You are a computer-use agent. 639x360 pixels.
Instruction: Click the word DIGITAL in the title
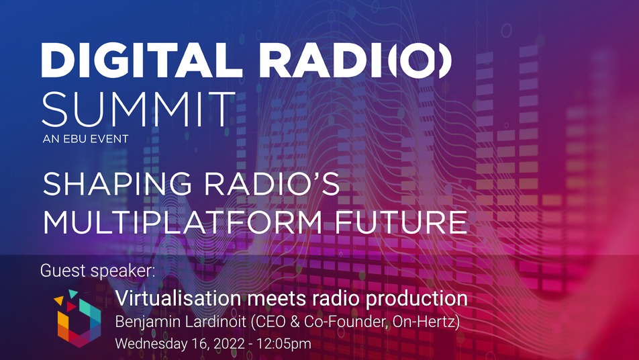142,60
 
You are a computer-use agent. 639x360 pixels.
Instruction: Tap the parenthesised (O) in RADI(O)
420,60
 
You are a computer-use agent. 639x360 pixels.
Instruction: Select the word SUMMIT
138,109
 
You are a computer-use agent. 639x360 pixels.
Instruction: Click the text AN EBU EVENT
86,139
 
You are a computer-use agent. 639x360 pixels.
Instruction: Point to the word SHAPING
117,184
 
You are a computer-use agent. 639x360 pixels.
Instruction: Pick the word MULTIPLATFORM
183,222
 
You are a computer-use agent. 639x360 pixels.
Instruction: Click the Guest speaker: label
98,271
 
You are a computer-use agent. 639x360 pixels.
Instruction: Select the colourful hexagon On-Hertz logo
77,318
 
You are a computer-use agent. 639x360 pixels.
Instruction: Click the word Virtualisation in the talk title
178,298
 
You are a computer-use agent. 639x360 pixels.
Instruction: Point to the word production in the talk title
416,299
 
